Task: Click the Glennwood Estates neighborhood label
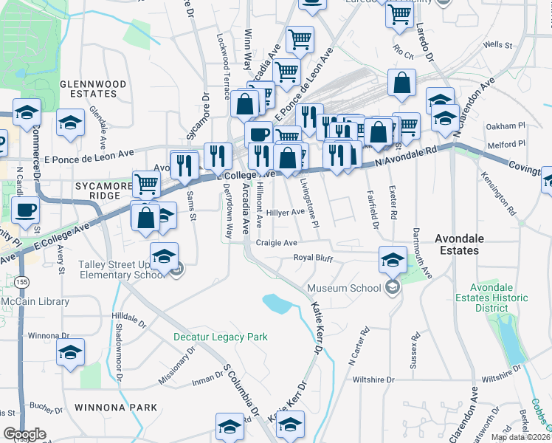pyautogui.click(x=93, y=89)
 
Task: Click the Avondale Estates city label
pyautogui.click(x=466, y=244)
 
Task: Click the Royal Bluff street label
pyautogui.click(x=314, y=258)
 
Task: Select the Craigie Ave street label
pyautogui.click(x=276, y=242)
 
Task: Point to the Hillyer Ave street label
pyautogui.click(x=286, y=212)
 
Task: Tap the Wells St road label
pyautogui.click(x=497, y=46)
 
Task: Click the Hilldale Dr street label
pyautogui.click(x=130, y=318)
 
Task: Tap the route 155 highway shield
pyautogui.click(x=16, y=283)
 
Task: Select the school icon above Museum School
pyautogui.click(x=393, y=258)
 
